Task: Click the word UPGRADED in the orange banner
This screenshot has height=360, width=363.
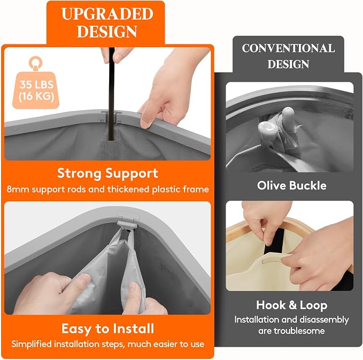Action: pyautogui.click(x=107, y=14)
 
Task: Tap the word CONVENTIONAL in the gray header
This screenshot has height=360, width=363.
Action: pyautogui.click(x=288, y=48)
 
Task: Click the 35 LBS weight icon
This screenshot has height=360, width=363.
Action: pyautogui.click(x=36, y=83)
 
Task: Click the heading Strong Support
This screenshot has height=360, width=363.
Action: pyautogui.click(x=107, y=173)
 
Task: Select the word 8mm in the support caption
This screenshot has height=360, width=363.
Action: pyautogui.click(x=18, y=189)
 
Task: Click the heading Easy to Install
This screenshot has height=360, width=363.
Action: pyautogui.click(x=107, y=328)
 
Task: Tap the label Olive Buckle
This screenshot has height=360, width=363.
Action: pyautogui.click(x=292, y=186)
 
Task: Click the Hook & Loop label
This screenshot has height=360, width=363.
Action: pyautogui.click(x=292, y=305)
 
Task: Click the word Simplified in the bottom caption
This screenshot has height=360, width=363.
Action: pyautogui.click(x=32, y=344)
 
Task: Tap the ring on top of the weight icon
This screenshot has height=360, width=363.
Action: pyautogui.click(x=35, y=63)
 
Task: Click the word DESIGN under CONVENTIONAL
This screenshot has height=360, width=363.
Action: pyautogui.click(x=288, y=64)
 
